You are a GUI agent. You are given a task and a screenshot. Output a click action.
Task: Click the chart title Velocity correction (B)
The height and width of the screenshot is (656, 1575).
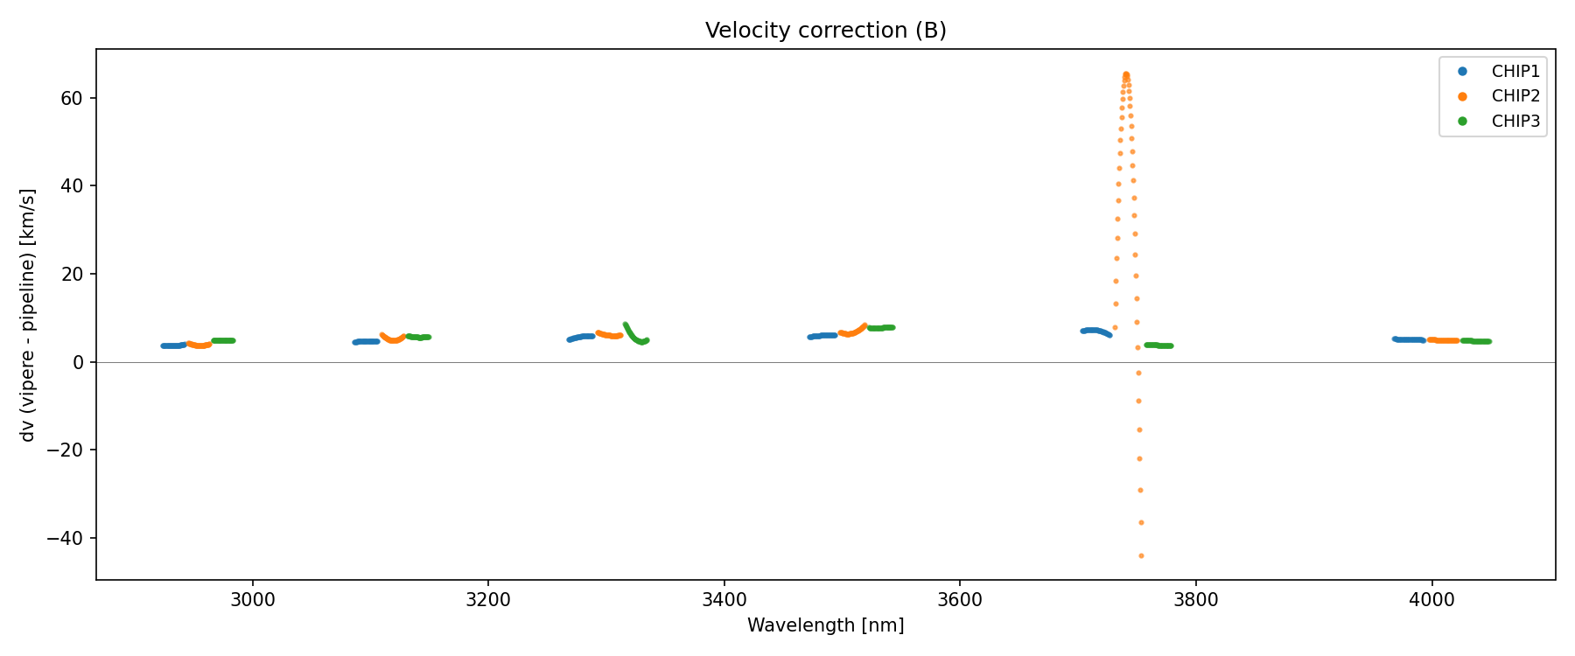click(825, 31)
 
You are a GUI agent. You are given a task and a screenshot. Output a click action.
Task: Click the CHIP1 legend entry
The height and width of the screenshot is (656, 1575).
click(1515, 71)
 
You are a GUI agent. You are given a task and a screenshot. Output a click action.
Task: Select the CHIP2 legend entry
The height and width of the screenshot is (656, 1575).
click(1515, 96)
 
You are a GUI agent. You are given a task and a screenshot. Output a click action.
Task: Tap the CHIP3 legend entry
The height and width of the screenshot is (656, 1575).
click(1515, 122)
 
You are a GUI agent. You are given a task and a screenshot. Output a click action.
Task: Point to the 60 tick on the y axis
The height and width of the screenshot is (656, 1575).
click(72, 98)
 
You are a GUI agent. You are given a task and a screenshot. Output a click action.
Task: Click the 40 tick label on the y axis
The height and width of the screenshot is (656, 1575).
click(72, 186)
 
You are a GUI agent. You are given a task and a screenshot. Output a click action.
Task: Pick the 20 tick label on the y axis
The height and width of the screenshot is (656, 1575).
click(72, 274)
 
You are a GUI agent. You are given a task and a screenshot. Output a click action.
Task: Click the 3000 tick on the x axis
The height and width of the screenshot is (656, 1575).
click(253, 599)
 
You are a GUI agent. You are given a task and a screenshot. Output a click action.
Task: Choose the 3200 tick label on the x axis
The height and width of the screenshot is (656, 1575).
click(488, 599)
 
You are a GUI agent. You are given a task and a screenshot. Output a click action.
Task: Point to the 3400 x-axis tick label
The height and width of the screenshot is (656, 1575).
click(724, 599)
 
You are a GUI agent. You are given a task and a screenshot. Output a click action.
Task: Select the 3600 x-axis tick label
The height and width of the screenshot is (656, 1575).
click(960, 599)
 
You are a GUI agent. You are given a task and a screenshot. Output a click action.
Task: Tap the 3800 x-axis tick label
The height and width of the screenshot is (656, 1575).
click(1195, 599)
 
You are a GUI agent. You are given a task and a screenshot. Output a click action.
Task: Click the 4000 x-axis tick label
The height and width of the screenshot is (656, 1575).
click(1431, 599)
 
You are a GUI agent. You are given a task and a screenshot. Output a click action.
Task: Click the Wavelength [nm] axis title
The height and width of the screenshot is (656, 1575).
click(825, 625)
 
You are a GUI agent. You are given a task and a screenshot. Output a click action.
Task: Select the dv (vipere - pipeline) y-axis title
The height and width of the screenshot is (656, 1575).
click(28, 315)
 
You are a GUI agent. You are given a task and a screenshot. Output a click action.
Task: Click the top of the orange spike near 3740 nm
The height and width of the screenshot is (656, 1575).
click(1126, 74)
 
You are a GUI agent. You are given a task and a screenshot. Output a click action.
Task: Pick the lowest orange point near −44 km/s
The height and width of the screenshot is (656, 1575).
click(1141, 555)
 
